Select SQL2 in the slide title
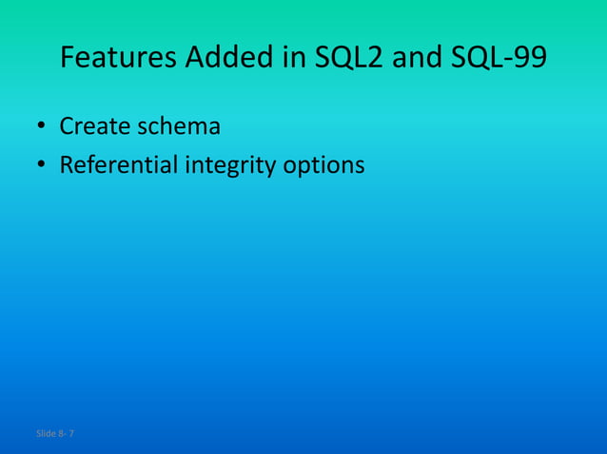(x=348, y=59)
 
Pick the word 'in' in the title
(x=293, y=59)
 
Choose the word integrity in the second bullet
(x=228, y=166)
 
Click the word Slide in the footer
(x=46, y=434)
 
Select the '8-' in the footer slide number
(x=62, y=434)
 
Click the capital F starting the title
(x=68, y=59)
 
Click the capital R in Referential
(x=67, y=165)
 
